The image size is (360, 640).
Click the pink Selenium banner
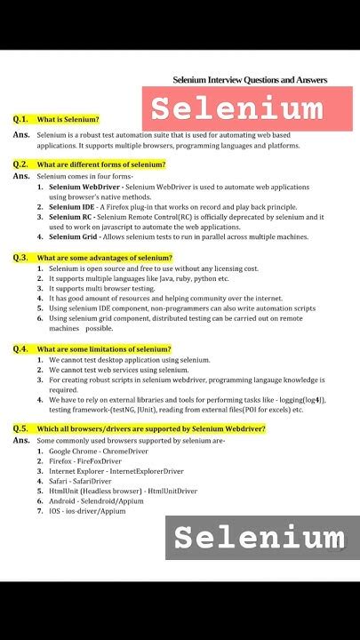(x=236, y=109)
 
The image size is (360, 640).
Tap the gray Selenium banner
(x=256, y=537)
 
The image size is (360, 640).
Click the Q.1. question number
(x=20, y=118)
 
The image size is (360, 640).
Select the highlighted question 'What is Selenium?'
(x=68, y=118)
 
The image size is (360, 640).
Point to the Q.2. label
(x=20, y=164)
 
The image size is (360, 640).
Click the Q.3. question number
(x=20, y=257)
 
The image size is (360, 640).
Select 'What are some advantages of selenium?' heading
(x=104, y=257)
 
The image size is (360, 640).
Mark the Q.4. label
(x=20, y=348)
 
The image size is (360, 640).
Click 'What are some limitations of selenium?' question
(x=104, y=348)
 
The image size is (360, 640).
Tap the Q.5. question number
(x=20, y=428)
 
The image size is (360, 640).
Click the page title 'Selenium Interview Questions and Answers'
(x=250, y=80)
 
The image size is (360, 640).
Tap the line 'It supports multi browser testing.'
(x=103, y=288)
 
